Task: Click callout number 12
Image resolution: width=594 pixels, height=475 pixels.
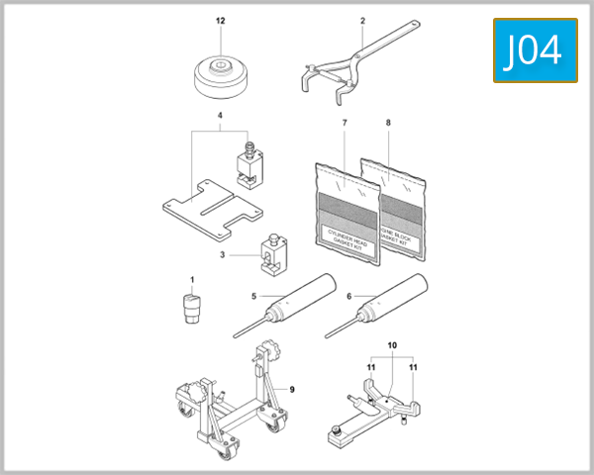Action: click(x=221, y=20)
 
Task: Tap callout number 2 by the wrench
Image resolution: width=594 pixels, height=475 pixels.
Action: click(x=362, y=20)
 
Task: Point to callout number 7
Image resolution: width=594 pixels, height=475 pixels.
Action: click(x=344, y=122)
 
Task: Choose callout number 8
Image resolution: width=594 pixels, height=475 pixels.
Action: click(x=388, y=122)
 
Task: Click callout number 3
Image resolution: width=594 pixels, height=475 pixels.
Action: click(x=223, y=254)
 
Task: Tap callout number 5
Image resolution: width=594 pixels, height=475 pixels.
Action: click(x=254, y=295)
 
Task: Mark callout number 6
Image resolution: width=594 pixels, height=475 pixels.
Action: click(x=349, y=295)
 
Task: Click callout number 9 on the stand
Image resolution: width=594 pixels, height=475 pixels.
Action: click(x=292, y=389)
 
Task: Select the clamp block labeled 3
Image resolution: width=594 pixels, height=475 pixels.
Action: click(x=274, y=260)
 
